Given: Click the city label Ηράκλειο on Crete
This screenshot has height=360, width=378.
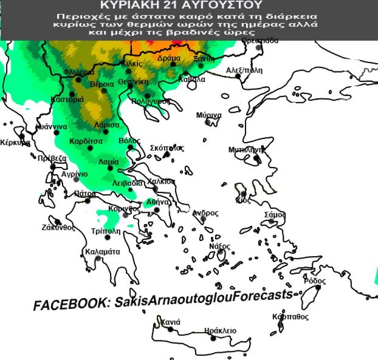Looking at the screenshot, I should point(220,330).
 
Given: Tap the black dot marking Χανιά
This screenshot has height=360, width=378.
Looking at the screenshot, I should point(171,329).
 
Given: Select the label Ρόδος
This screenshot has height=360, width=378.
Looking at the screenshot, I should point(314,281).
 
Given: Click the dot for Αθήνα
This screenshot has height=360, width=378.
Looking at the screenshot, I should point(157,210).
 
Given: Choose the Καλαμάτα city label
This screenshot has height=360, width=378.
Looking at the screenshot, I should point(103,251).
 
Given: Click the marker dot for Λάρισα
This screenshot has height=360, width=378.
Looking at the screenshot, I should point(106,131).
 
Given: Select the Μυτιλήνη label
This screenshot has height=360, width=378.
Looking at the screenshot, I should point(246,150).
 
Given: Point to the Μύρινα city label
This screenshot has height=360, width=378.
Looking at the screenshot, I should point(209,115).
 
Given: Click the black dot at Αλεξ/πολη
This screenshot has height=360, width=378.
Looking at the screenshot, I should point(238,76).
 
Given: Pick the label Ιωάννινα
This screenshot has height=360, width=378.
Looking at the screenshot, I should point(51,127).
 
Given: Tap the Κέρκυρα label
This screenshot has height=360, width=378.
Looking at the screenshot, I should point(15,142).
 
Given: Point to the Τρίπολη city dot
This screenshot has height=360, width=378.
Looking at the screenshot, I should point(107,237).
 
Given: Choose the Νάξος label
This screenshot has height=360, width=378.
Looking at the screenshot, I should point(219,246).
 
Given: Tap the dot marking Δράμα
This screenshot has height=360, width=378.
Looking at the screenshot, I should point(173,64).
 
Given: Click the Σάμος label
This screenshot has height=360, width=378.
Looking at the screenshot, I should point(275,214).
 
